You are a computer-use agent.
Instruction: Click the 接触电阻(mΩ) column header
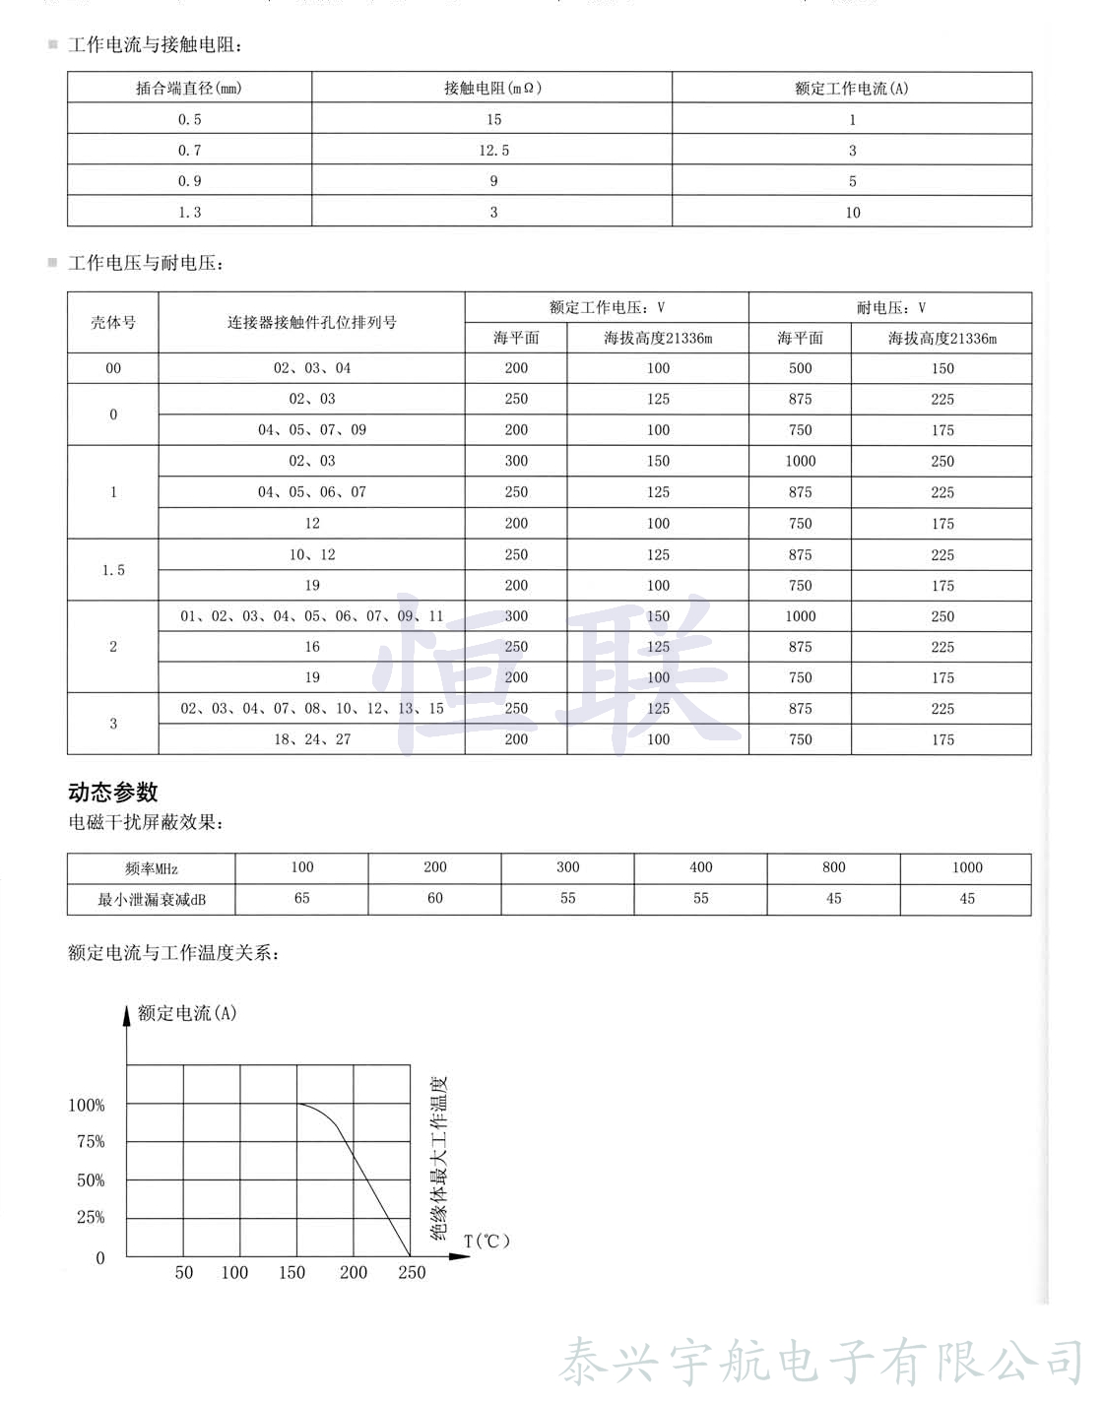pos(492,88)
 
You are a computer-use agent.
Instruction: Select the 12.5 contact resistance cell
pos(493,150)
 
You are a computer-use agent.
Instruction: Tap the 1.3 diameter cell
pos(189,212)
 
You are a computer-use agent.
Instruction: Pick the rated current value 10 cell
pos(852,212)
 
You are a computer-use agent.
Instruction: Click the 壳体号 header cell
pos(113,322)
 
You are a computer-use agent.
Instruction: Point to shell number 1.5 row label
pos(113,570)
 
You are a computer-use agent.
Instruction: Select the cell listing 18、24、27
pos(312,739)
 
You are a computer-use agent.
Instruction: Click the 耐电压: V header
pos(890,307)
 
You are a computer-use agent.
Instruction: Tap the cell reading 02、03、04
pos(312,368)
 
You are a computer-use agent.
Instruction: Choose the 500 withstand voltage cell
pos(800,368)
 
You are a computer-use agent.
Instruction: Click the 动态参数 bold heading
pos(113,793)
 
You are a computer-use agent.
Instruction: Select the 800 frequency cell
pos(833,867)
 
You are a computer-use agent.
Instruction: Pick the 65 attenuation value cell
pos(301,898)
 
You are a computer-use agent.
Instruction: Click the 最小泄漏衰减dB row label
pos(152,899)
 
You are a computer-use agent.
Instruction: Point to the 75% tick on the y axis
pos(91,1142)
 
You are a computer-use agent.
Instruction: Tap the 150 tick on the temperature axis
pos(292,1272)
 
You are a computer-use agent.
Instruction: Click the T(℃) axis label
pos(487,1241)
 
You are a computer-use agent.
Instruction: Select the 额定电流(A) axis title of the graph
pos(187,1013)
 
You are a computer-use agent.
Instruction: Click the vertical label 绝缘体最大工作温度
pos(439,1158)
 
